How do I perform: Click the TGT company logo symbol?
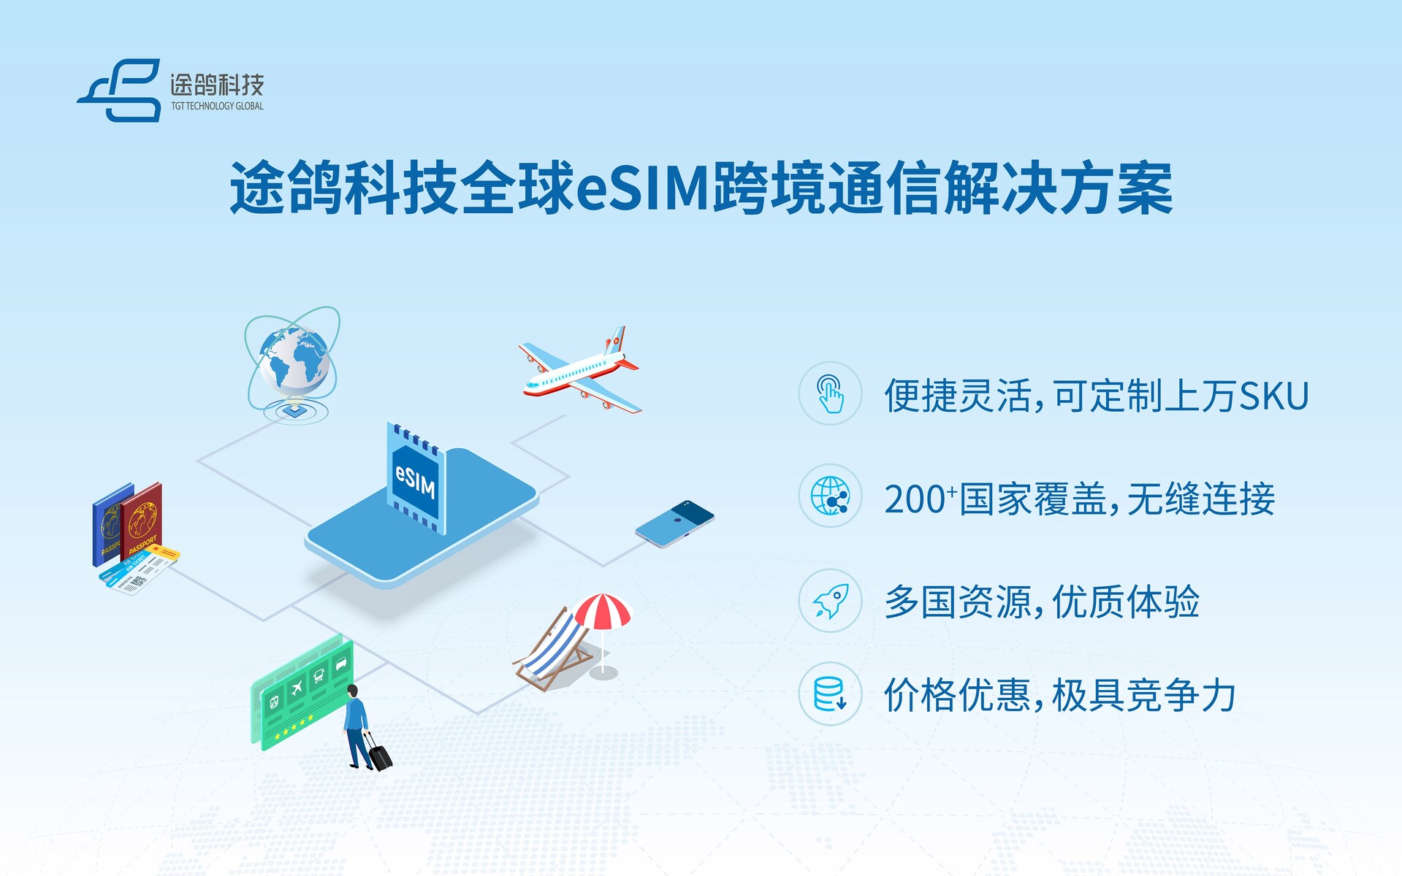[x=119, y=90]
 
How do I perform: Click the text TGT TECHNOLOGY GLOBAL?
[x=217, y=107]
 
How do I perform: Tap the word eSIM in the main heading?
[x=644, y=188]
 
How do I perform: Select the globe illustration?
[x=292, y=365]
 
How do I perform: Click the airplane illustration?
[x=580, y=369]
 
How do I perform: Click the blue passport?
[x=109, y=524]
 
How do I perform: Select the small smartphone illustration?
[x=674, y=523]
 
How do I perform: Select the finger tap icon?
[x=831, y=393]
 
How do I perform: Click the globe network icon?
[x=831, y=496]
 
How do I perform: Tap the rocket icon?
[x=831, y=601]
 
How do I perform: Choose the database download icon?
[x=831, y=693]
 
